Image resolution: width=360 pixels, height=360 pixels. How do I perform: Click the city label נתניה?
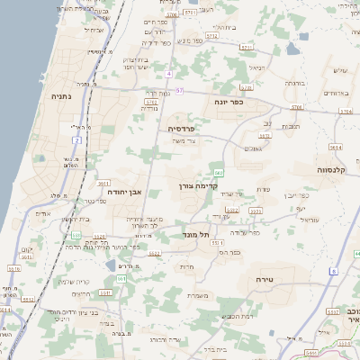[x=61, y=95]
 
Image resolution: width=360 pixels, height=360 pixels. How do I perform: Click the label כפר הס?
[x=229, y=253]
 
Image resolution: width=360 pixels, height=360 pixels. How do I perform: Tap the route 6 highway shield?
[x=333, y=270]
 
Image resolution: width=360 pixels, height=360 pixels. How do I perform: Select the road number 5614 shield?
[x=336, y=147]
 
